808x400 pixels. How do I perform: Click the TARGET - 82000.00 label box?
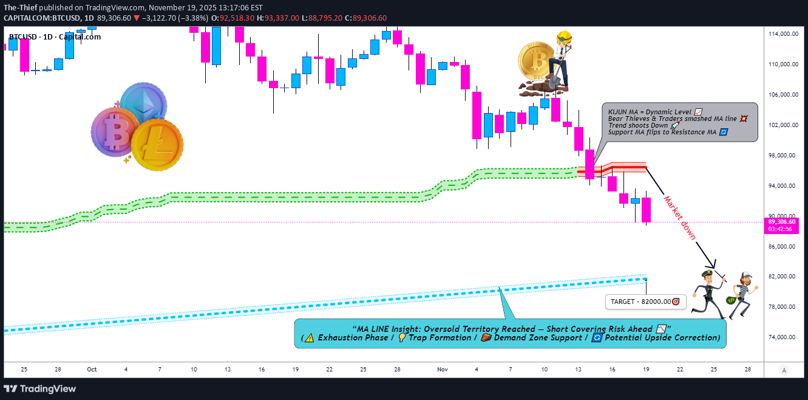(x=645, y=302)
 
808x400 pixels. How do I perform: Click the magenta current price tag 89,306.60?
(x=783, y=222)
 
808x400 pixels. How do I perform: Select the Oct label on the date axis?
(x=92, y=369)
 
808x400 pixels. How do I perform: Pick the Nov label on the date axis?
(x=442, y=369)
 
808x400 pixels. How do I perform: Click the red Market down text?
(x=679, y=218)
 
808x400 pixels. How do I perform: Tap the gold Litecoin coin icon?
(x=157, y=145)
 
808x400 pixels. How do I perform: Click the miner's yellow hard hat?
(x=565, y=36)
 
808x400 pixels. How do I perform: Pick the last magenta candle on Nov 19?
(x=646, y=210)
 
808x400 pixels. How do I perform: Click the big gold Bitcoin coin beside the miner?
(x=537, y=62)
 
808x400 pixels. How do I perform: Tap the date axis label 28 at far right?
(x=747, y=369)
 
